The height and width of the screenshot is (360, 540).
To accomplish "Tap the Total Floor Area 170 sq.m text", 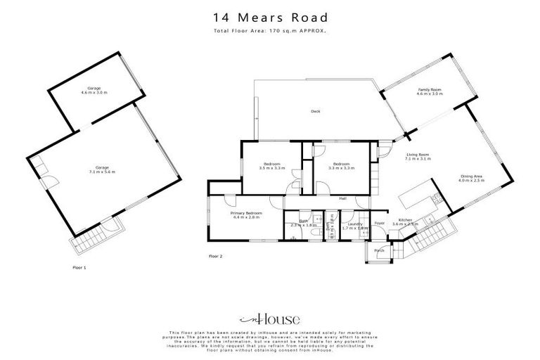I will pyautogui.click(x=269, y=32).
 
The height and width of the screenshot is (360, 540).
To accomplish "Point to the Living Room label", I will pyautogui.click(x=417, y=157).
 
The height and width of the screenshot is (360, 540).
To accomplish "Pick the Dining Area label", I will pyautogui.click(x=471, y=178).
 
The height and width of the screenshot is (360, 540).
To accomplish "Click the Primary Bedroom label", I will pyautogui.click(x=247, y=214).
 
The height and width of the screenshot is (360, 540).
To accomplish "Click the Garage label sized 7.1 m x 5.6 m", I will pyautogui.click(x=102, y=169).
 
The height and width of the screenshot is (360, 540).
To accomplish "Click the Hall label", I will pyautogui.click(x=342, y=199).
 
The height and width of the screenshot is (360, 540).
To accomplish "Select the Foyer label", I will pyautogui.click(x=379, y=224).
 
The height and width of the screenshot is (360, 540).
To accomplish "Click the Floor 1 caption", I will pyautogui.click(x=79, y=267).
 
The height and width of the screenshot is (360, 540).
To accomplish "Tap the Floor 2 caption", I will pyautogui.click(x=216, y=257).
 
